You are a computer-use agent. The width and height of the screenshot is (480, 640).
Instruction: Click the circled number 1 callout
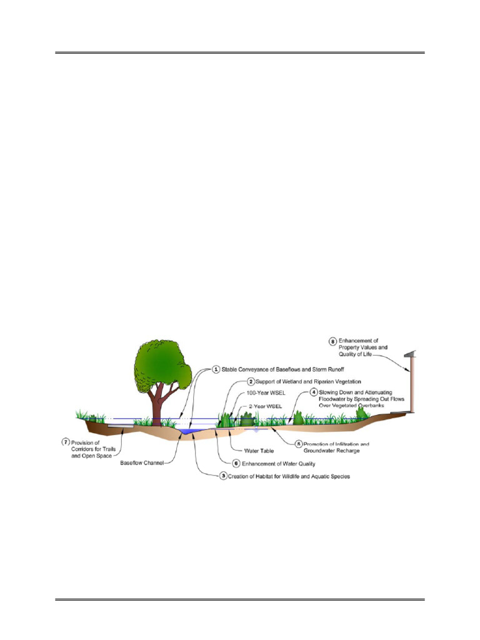[216, 369]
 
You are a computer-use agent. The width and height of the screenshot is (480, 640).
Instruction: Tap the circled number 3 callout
[224, 476]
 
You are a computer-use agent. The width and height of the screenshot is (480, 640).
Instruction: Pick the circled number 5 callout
[298, 444]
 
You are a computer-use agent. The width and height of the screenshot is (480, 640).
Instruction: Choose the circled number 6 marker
[236, 464]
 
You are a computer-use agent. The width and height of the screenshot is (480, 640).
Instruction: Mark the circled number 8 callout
[332, 341]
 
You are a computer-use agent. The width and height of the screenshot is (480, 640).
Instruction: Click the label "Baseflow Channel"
[142, 462]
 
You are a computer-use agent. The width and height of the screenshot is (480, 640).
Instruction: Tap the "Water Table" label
[248, 450]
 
